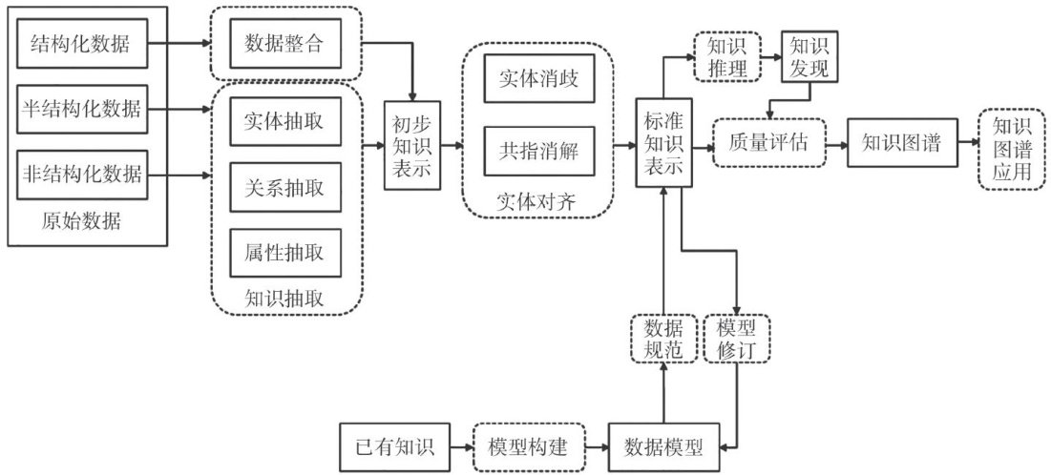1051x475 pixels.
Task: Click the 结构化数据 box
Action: click(x=82, y=43)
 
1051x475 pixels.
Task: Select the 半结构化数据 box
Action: click(x=82, y=110)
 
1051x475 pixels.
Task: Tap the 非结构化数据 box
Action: click(x=82, y=175)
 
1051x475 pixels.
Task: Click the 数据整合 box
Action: click(x=285, y=43)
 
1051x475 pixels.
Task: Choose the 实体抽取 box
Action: click(x=285, y=123)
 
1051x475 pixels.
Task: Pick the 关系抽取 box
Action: click(x=285, y=188)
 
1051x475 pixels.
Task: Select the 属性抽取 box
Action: click(x=285, y=253)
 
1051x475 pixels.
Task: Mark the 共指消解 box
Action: click(x=538, y=150)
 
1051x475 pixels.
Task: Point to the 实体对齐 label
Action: click(x=537, y=202)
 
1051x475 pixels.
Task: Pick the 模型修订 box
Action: click(x=736, y=337)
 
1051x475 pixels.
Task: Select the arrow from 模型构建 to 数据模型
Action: click(x=587, y=445)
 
